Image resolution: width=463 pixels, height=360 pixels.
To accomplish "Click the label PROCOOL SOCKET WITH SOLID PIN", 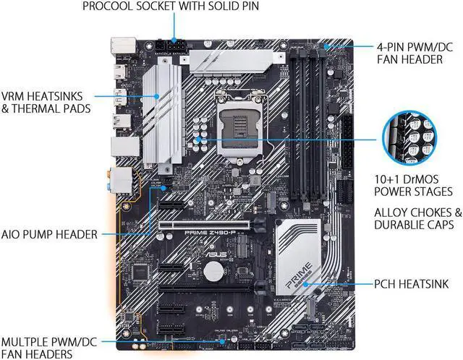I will [171, 7].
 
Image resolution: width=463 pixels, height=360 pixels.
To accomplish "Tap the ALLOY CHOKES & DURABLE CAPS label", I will [417, 219].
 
